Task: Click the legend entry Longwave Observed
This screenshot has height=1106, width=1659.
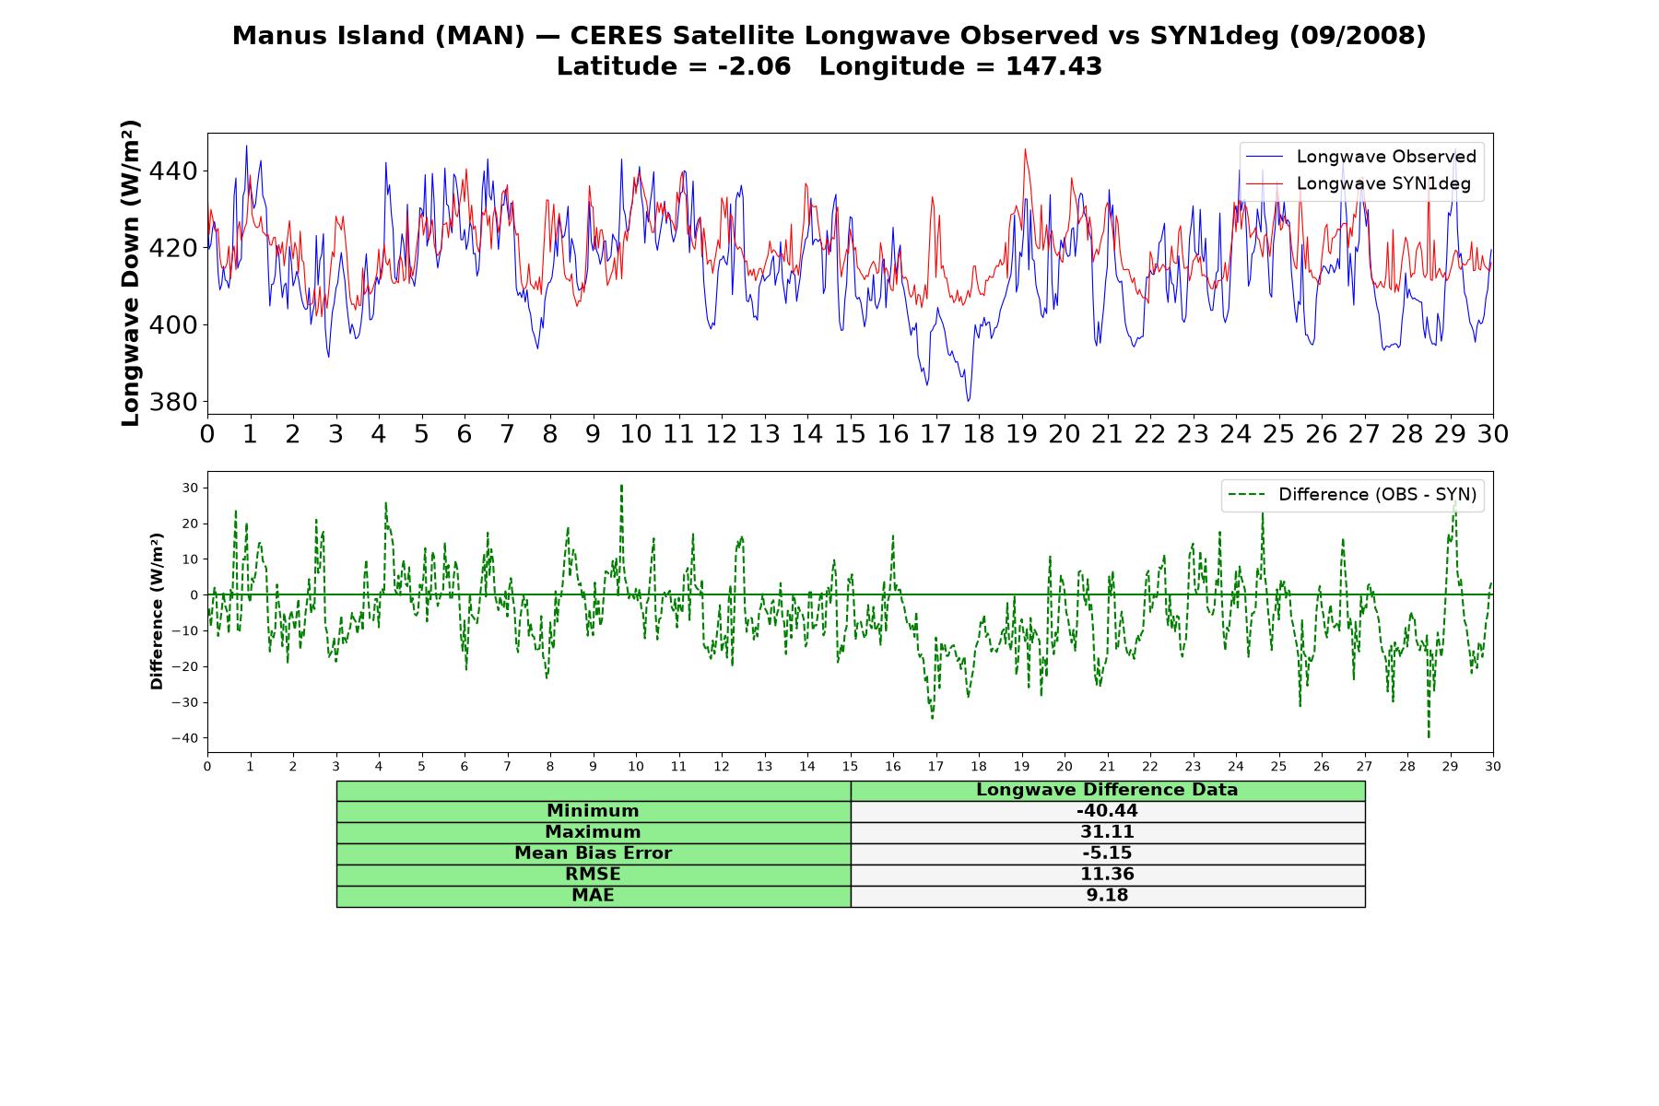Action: (x=1385, y=157)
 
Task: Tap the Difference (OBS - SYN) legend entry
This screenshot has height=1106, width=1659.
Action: (x=1377, y=495)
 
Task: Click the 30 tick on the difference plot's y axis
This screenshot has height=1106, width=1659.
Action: (x=189, y=488)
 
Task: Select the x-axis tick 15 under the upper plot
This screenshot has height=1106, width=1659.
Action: (x=850, y=434)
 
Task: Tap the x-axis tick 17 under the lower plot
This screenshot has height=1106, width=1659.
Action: (x=935, y=767)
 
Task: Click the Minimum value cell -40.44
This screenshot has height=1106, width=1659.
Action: (x=1107, y=811)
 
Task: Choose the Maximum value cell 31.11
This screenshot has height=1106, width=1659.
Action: (x=1107, y=832)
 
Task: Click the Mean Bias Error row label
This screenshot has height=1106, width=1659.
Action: (x=593, y=853)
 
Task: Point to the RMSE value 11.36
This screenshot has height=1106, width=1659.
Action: (x=1107, y=875)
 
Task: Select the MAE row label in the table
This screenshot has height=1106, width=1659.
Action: (x=593, y=896)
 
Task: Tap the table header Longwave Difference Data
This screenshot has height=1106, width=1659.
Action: (x=1107, y=790)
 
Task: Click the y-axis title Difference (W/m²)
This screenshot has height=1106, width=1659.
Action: (x=157, y=612)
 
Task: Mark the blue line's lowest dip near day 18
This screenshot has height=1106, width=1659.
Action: (x=968, y=401)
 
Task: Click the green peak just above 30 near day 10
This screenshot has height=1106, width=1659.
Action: (x=621, y=485)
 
